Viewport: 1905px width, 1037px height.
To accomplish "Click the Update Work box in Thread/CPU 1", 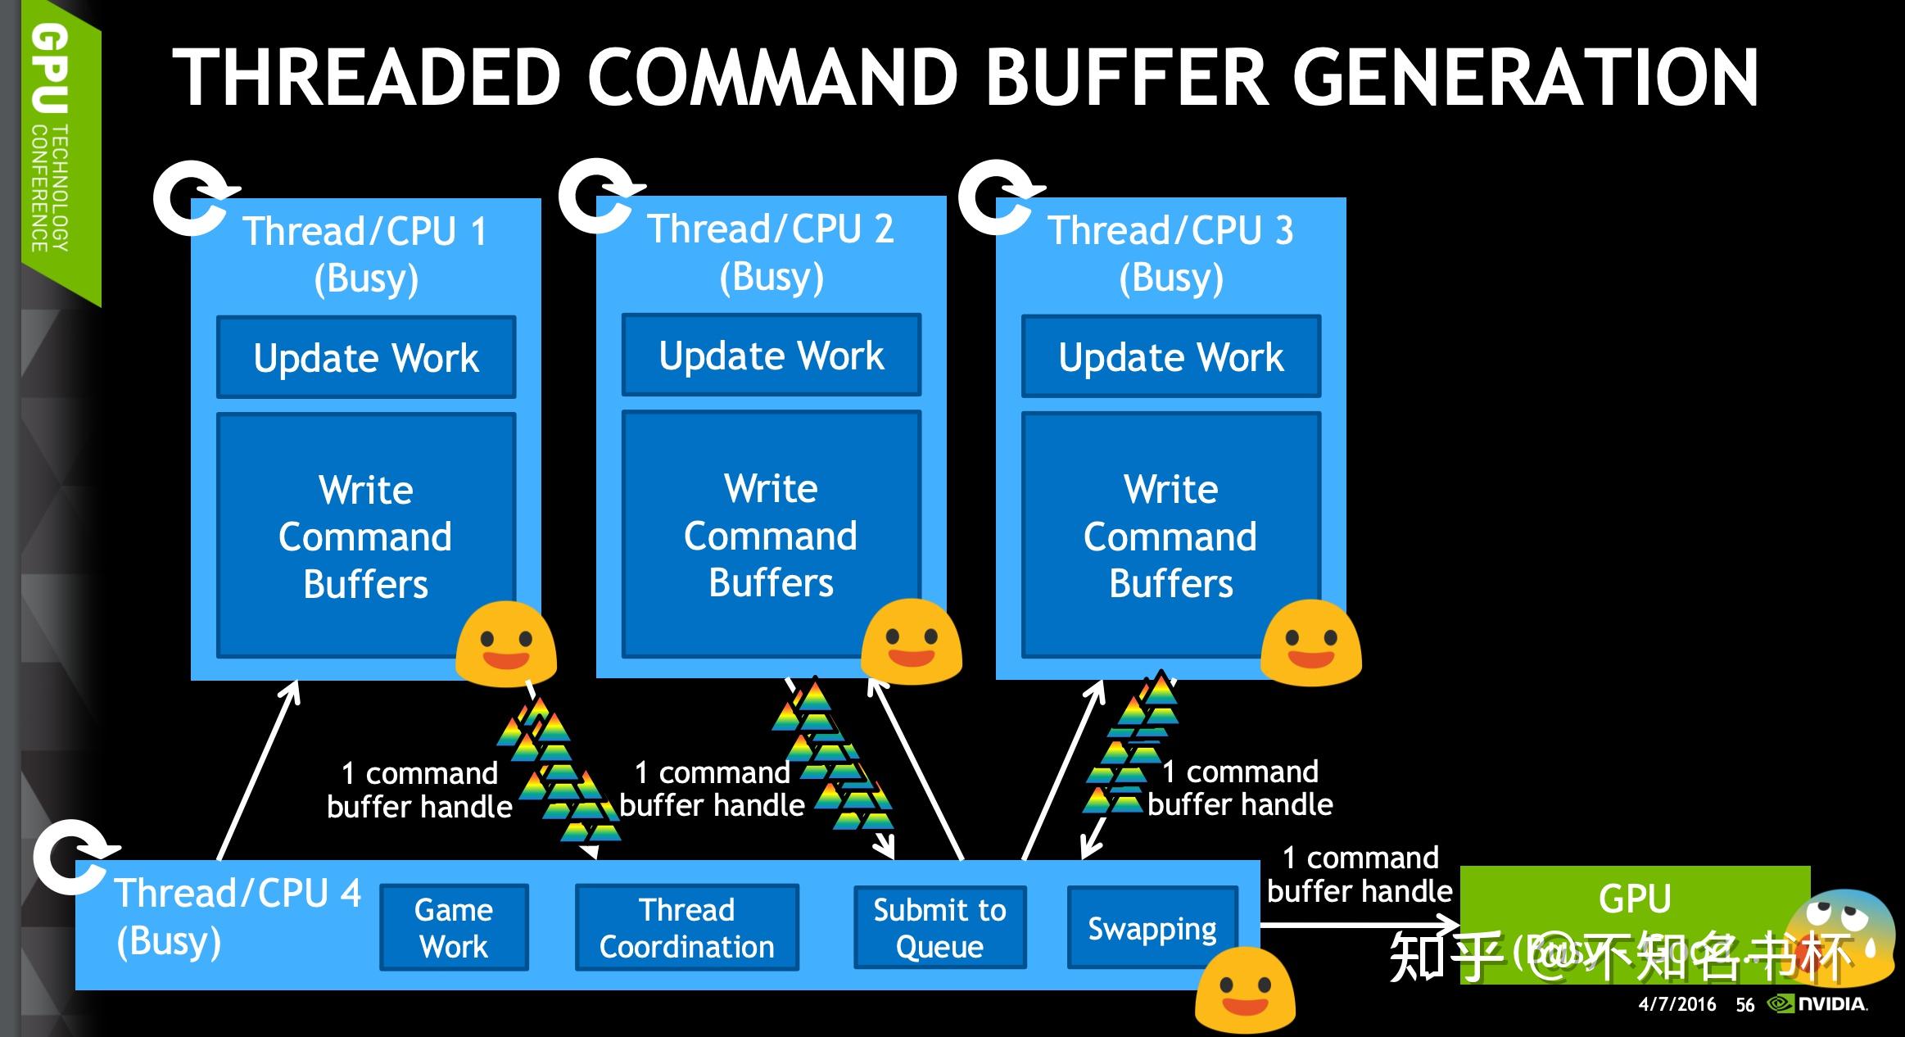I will pyautogui.click(x=366, y=357).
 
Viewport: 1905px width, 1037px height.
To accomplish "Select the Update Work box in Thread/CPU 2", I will pyautogui.click(x=771, y=355).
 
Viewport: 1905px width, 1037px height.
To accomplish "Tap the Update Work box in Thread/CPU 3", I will pyautogui.click(x=1170, y=357).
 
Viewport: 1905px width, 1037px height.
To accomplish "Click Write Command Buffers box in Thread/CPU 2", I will pyautogui.click(x=771, y=534).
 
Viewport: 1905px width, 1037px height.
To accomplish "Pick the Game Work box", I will pyautogui.click(x=454, y=927).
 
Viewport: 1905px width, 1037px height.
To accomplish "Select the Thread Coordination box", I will pyautogui.click(x=686, y=927).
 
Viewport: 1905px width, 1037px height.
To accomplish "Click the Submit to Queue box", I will pyautogui.click(x=939, y=927).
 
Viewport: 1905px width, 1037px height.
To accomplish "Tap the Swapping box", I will pyautogui.click(x=1152, y=927).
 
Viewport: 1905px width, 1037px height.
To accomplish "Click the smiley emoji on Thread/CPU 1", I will pyautogui.click(x=506, y=644).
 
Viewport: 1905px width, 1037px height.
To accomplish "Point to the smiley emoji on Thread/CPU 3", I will pyautogui.click(x=1310, y=642).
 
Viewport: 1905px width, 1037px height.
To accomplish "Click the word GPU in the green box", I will pyautogui.click(x=1635, y=898).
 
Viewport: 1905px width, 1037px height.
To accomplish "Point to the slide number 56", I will pyautogui.click(x=1744, y=1005).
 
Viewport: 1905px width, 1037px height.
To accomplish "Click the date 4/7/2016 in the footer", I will pyautogui.click(x=1676, y=1004).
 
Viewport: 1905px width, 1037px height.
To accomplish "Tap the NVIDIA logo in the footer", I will pyautogui.click(x=1818, y=1003).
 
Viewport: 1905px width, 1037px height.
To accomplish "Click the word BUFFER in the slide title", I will pyautogui.click(x=1127, y=77).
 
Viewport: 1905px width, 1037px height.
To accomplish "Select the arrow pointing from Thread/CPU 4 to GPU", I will pyautogui.click(x=1360, y=926).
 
